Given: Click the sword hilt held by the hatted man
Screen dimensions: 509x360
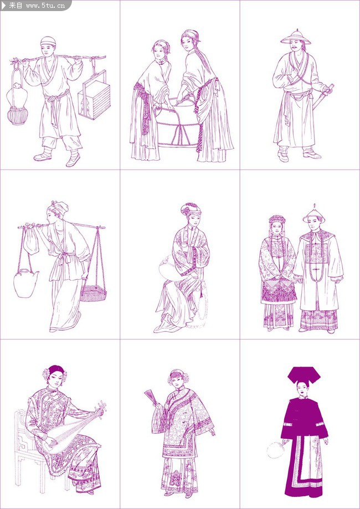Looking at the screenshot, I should [330, 88].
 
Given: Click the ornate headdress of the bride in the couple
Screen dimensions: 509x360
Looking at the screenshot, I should [277, 220].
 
